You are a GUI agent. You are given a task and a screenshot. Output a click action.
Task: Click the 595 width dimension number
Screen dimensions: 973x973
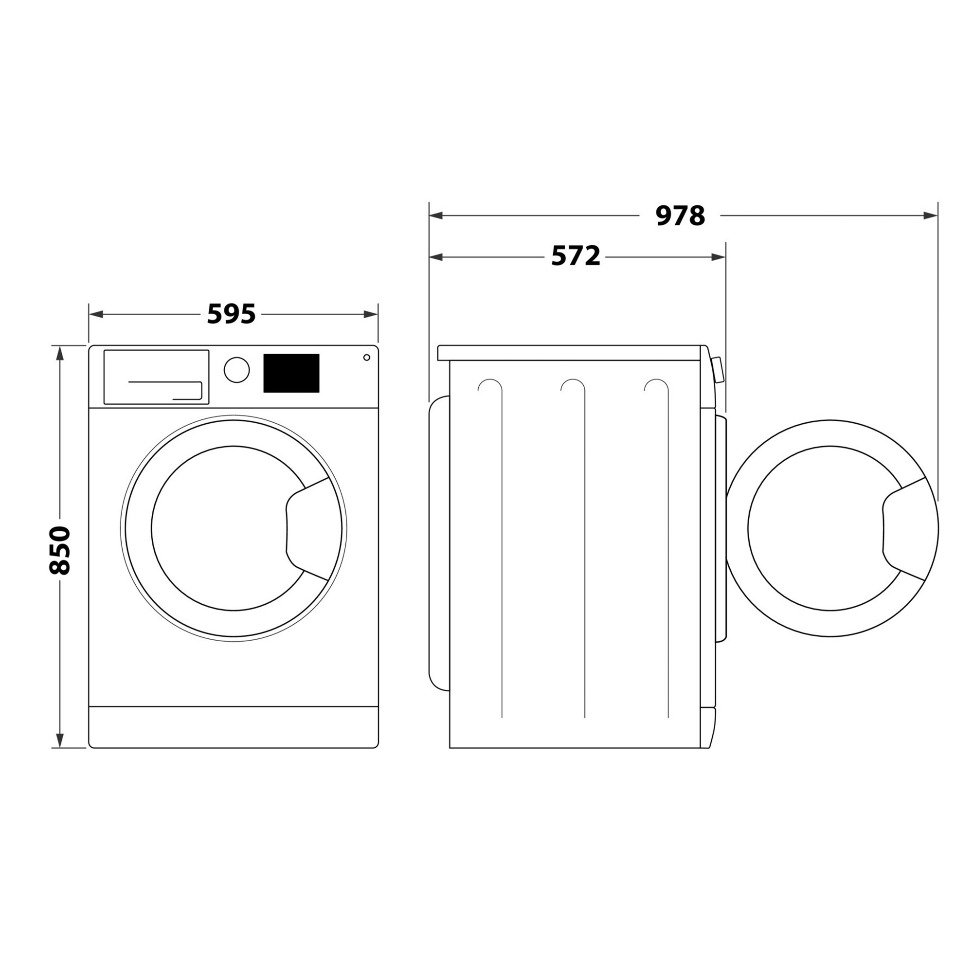click(232, 314)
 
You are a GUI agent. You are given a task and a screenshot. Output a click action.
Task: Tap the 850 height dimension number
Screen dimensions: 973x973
click(60, 550)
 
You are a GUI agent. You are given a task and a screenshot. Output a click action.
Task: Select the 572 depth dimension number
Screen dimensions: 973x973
click(576, 256)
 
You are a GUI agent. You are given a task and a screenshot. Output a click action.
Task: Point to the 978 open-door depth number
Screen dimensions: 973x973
click(681, 216)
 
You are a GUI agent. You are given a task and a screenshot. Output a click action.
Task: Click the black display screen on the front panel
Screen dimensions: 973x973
click(291, 373)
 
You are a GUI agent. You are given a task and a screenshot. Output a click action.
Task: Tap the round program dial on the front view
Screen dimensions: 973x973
click(237, 370)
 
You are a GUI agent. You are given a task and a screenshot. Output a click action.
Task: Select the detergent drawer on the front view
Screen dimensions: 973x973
click(157, 377)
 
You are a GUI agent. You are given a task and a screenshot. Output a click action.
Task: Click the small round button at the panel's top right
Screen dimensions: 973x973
click(367, 358)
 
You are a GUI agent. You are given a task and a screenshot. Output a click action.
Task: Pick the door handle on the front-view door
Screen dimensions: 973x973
click(308, 529)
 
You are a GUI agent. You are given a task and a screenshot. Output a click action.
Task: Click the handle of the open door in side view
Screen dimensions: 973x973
click(905, 529)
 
